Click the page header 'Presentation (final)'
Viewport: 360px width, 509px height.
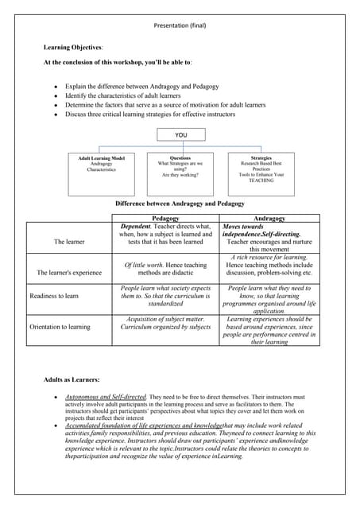[180, 25]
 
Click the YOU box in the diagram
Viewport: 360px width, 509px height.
[180, 135]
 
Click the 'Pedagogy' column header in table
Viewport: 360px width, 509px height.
[165, 218]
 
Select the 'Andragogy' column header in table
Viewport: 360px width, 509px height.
[269, 218]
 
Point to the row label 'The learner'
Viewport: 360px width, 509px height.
[69, 241]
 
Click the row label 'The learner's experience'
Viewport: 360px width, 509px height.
[69, 273]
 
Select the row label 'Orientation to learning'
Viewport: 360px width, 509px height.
[60, 326]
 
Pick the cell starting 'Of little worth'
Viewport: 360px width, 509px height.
[165, 269]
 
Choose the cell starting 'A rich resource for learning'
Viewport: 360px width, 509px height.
[269, 265]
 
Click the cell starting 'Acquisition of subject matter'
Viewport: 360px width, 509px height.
[165, 322]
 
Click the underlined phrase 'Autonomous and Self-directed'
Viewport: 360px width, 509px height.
[106, 395]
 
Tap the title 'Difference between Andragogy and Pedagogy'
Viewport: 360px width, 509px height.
[180, 204]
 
